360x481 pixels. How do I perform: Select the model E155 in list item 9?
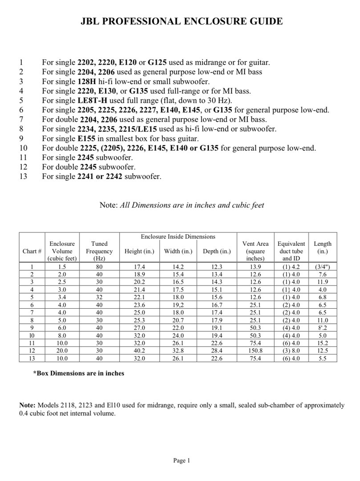coord(86,139)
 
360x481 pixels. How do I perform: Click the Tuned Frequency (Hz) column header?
coord(99,251)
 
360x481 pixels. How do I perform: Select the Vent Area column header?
coord(255,251)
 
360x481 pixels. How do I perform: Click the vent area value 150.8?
coord(255,351)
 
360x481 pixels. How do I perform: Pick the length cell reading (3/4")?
coord(322,267)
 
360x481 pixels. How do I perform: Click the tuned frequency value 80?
coord(99,267)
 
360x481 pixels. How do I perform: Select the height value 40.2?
coord(139,351)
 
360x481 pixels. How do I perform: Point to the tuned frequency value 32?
coord(99,297)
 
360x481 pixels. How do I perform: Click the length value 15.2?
coord(322,343)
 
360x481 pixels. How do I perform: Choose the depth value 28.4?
coord(217,351)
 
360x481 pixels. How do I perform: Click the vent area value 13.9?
coord(255,267)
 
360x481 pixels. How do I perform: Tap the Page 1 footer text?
coord(181,461)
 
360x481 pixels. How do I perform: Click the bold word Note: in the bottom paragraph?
coord(27,405)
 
